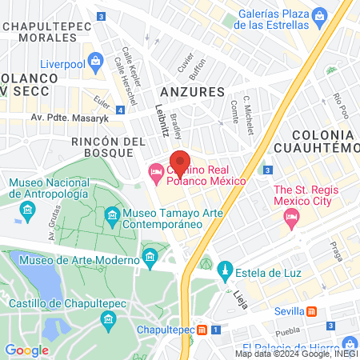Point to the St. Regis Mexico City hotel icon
coord(292,217)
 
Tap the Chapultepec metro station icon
coord(202,330)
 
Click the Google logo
coord(26,350)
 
